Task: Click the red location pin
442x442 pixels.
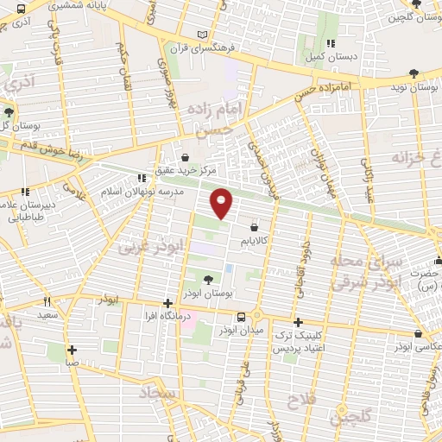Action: click(223, 203)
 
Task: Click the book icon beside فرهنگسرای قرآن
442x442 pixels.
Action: click(203, 34)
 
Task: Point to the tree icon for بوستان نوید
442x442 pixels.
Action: click(429, 74)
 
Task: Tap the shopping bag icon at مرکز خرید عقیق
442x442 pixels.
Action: click(186, 156)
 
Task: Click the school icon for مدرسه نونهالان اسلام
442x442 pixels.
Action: click(141, 179)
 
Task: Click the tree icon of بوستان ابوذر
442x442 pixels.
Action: click(208, 278)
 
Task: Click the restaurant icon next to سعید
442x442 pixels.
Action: click(47, 302)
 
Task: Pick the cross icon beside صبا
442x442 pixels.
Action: click(72, 350)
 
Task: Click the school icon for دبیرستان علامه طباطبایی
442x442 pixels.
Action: click(24, 192)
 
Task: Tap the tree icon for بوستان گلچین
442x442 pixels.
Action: click(417, 4)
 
